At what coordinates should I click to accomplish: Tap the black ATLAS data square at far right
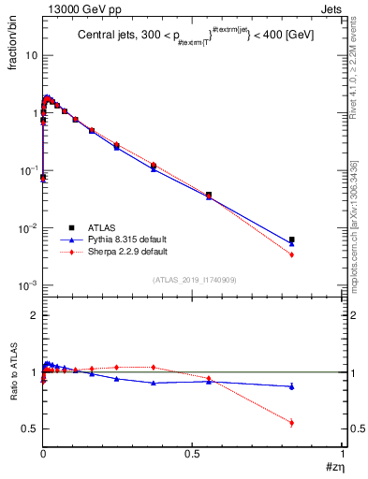click(292, 239)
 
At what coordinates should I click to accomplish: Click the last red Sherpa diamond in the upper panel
click(292, 254)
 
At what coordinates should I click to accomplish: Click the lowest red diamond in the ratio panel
click(292, 423)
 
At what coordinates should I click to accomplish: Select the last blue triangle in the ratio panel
click(292, 386)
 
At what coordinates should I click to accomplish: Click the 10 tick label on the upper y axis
click(32, 55)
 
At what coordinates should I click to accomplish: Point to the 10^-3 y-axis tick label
click(29, 285)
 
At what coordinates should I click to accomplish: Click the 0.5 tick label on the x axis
click(194, 453)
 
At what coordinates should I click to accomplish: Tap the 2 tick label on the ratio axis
click(34, 316)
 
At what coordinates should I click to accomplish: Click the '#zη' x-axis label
click(335, 465)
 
